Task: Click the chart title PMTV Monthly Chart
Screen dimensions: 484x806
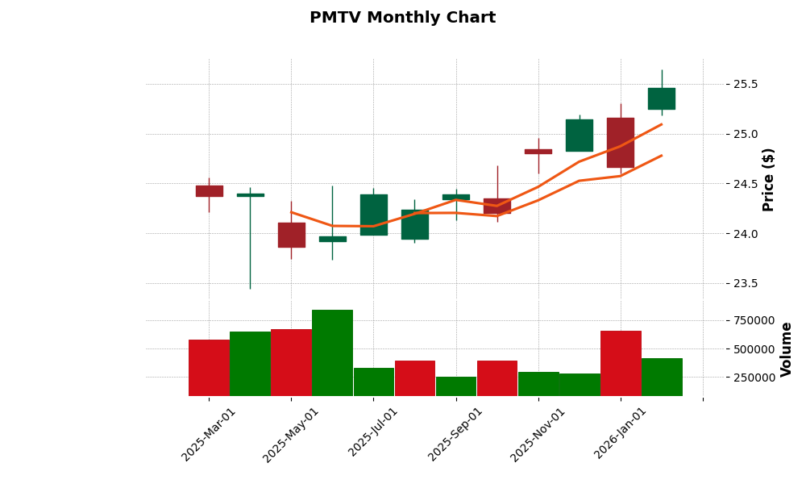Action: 402,18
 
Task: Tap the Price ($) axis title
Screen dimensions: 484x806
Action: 769,179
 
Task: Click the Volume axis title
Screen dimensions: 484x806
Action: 787,348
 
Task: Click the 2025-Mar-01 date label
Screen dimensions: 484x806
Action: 209,434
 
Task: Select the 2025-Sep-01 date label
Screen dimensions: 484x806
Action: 455,434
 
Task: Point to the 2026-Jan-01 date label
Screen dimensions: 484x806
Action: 621,434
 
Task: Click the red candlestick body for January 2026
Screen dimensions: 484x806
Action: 621,143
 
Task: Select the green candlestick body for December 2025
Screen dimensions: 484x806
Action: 580,136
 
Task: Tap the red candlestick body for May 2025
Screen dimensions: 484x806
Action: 291,235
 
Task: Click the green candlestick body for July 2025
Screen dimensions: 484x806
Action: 373,215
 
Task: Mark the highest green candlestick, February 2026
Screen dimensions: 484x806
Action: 662,98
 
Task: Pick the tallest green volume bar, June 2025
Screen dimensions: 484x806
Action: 332,353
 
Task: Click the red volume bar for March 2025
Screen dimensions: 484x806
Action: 209,368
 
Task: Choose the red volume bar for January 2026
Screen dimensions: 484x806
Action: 621,363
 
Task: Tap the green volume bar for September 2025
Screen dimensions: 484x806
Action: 455,386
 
